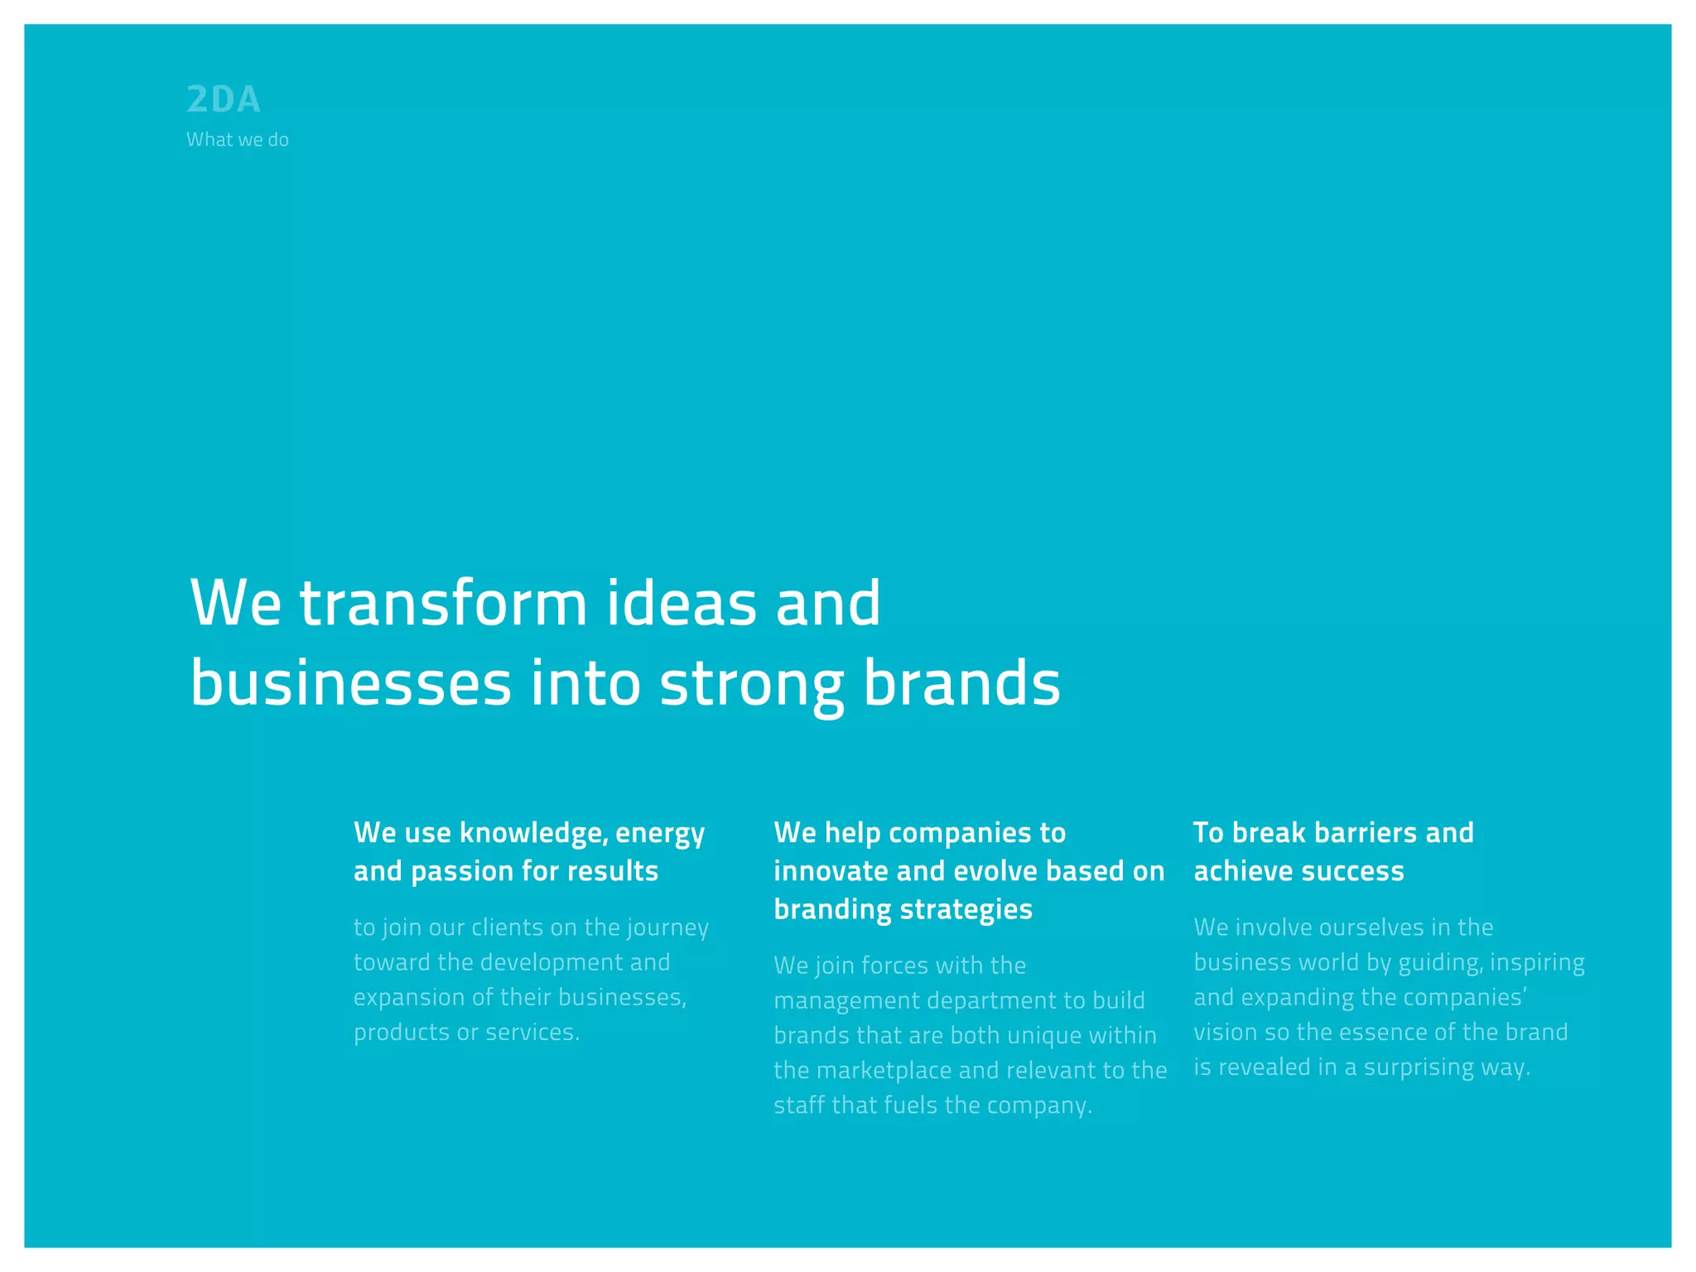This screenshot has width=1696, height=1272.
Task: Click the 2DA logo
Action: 224,100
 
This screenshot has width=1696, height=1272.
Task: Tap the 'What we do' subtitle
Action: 238,140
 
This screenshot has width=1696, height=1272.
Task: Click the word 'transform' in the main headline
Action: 443,603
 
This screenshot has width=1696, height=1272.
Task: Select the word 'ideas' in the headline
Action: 682,603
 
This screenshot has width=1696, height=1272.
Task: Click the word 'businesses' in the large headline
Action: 351,684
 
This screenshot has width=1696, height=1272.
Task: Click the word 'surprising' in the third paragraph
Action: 1419,1067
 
